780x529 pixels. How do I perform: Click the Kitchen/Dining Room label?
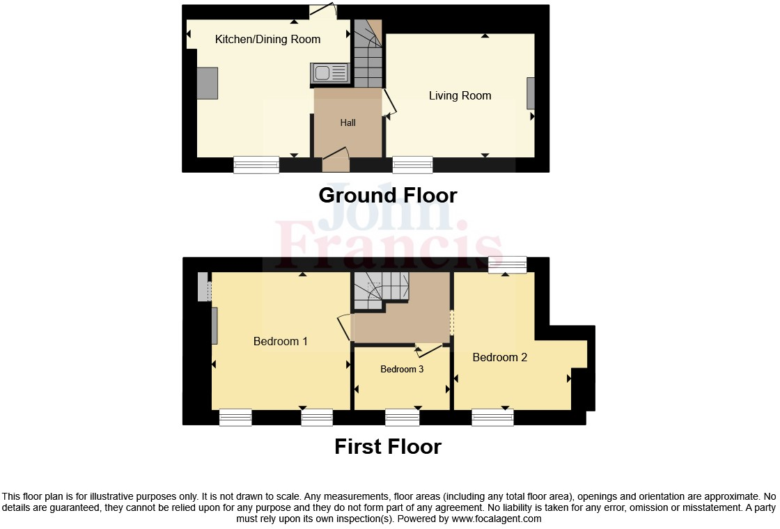[267, 40]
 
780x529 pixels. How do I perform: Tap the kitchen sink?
[330, 73]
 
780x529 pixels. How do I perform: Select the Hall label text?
[348, 123]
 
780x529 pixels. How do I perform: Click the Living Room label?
[460, 95]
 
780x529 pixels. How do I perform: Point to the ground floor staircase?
[368, 56]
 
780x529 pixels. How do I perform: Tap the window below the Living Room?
[412, 164]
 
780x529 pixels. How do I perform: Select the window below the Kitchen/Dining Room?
[256, 164]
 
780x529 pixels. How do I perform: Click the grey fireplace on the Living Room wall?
[531, 93]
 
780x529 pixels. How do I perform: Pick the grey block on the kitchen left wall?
[208, 84]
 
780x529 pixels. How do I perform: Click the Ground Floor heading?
[388, 196]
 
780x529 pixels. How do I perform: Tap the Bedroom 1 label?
[280, 341]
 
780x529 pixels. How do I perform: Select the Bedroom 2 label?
[499, 357]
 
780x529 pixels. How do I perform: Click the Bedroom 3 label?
[402, 369]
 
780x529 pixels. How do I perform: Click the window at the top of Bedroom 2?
[507, 264]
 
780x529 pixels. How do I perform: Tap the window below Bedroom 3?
[403, 417]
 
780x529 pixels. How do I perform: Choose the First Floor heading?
[388, 446]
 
